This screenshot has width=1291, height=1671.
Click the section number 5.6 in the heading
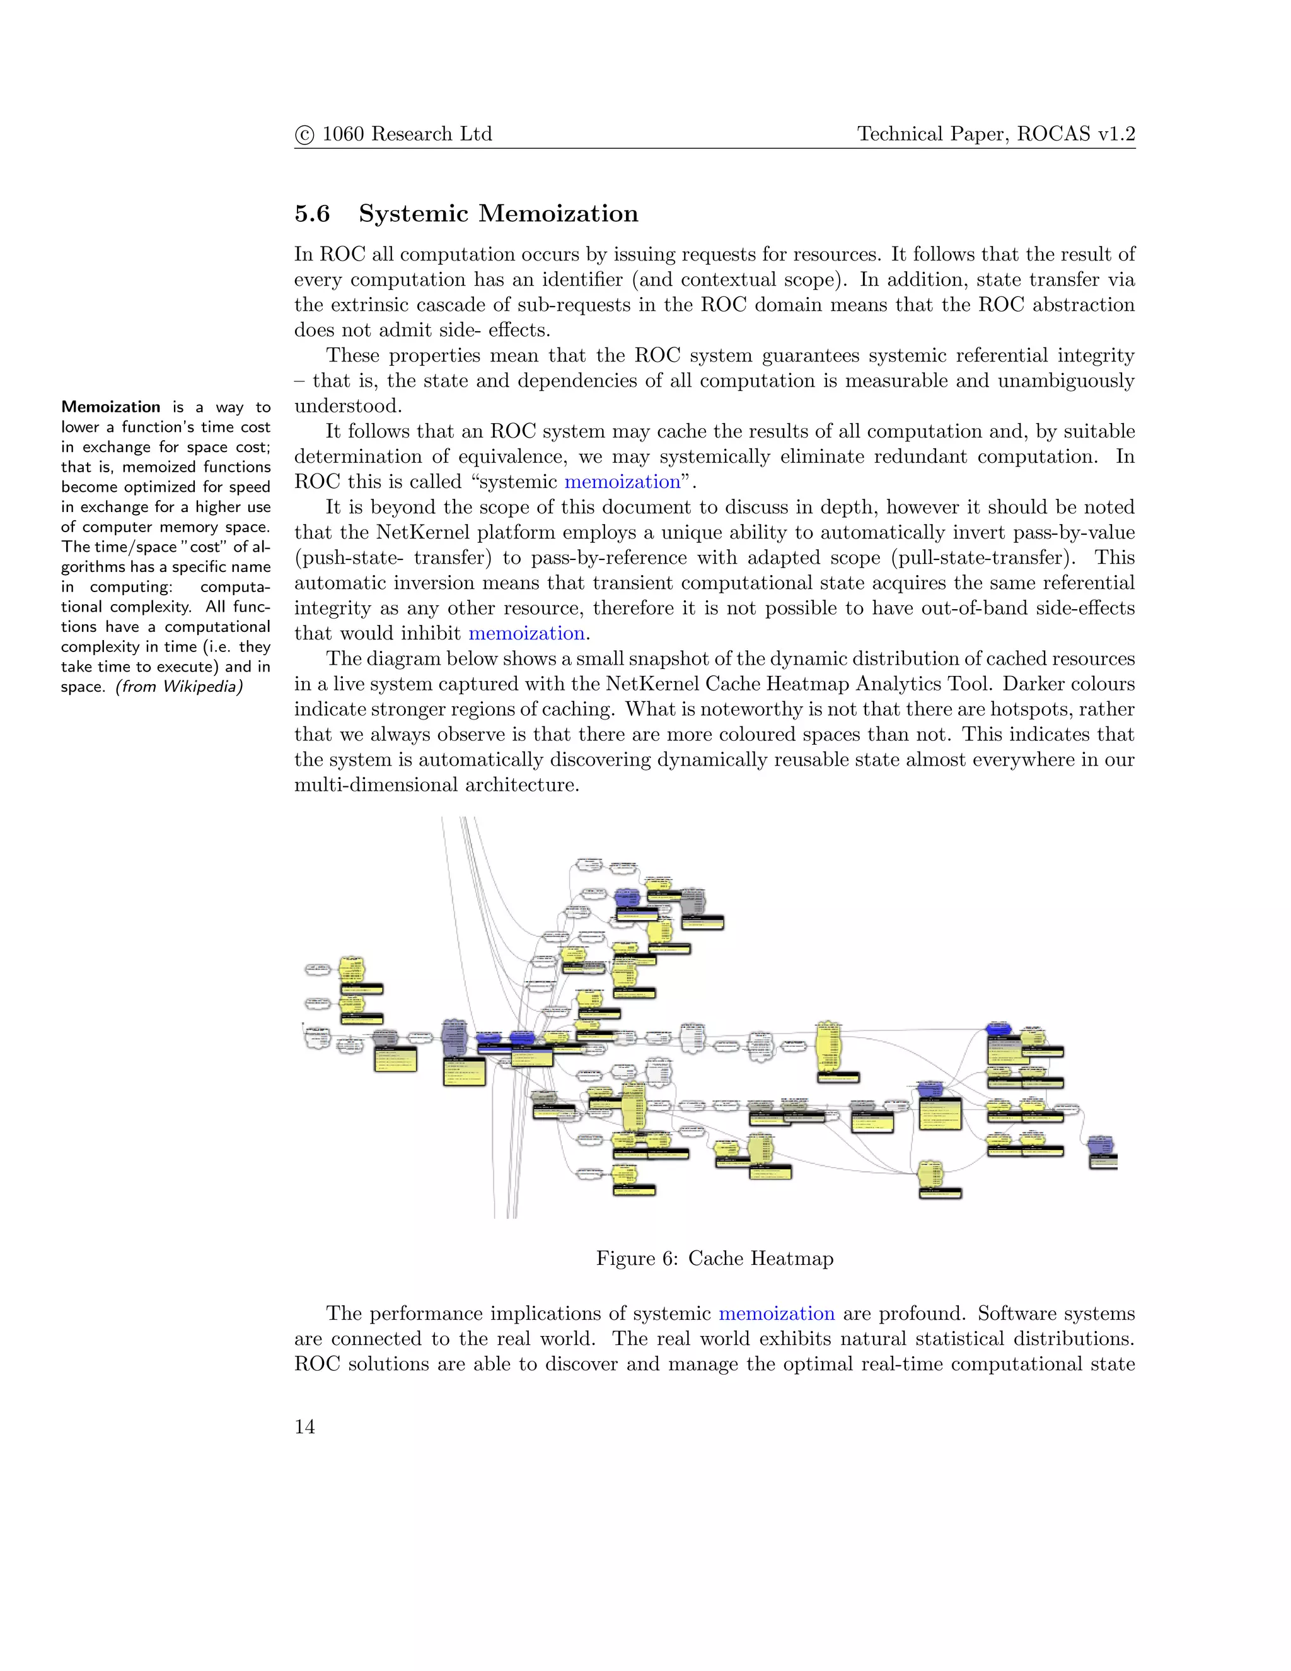(312, 214)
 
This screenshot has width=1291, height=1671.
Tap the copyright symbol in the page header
(304, 135)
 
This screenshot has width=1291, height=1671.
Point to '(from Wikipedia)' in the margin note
(179, 686)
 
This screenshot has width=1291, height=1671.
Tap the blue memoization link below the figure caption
(776, 1313)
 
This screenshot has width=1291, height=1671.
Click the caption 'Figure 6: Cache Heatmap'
(714, 1258)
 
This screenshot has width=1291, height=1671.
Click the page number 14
(304, 1426)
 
